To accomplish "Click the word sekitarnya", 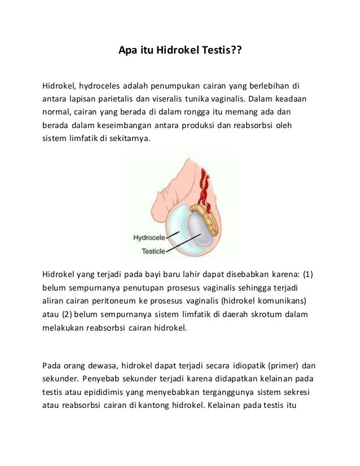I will [130, 137].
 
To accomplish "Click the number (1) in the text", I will [308, 275].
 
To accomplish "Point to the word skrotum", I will [261, 314].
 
